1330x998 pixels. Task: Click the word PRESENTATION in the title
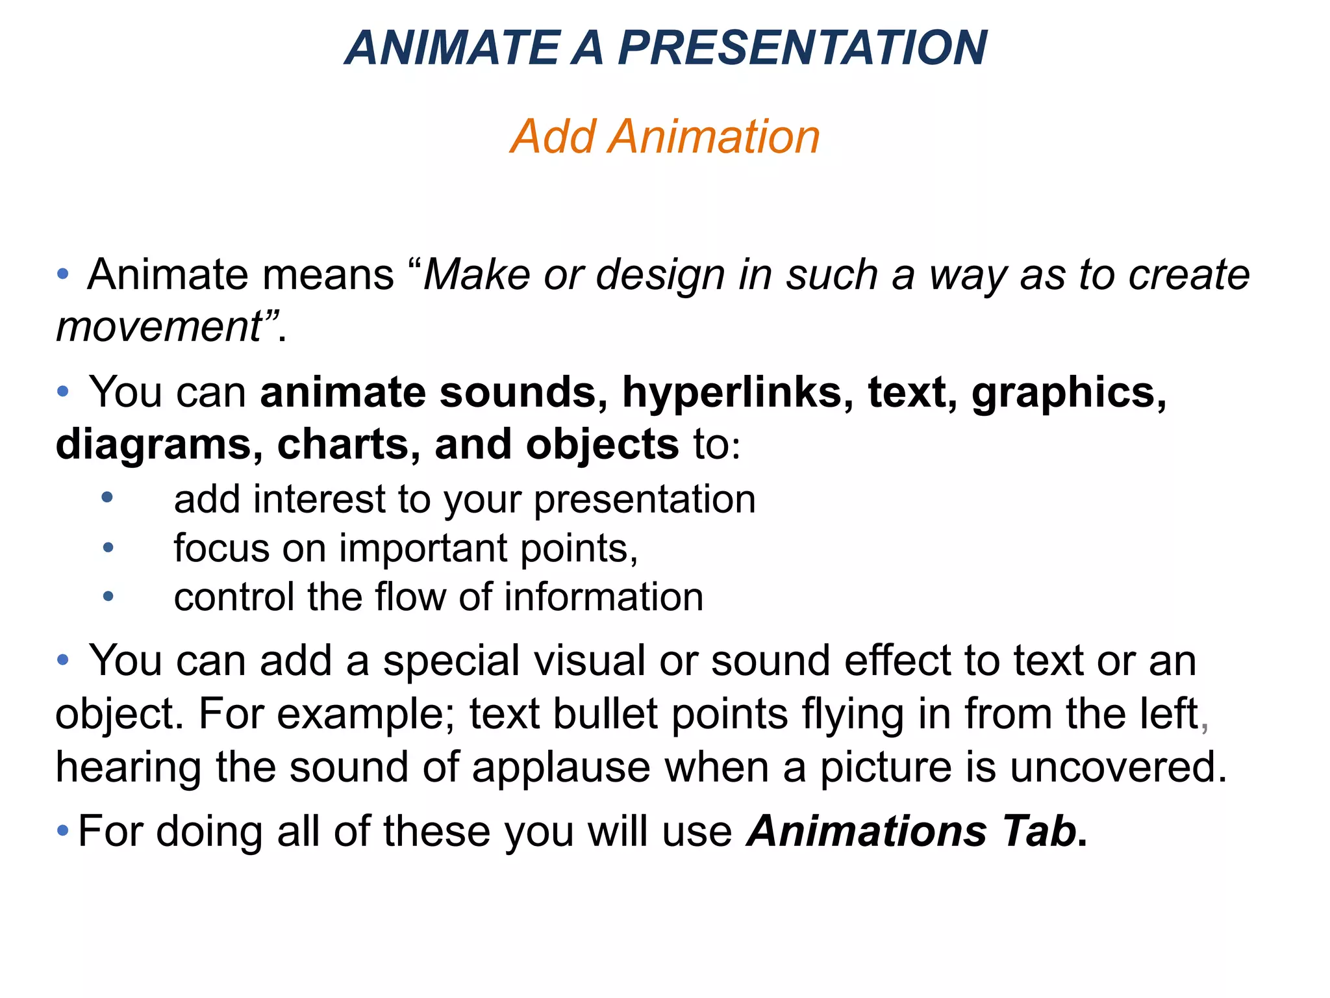(802, 48)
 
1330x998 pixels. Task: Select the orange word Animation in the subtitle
(714, 136)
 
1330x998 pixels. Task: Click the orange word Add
(553, 136)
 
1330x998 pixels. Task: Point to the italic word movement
(159, 326)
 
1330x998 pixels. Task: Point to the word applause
(560, 768)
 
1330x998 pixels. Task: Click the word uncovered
(1118, 767)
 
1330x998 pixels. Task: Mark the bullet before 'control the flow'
(108, 596)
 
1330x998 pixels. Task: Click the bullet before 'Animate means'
(63, 274)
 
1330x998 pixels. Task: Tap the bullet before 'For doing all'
(63, 830)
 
